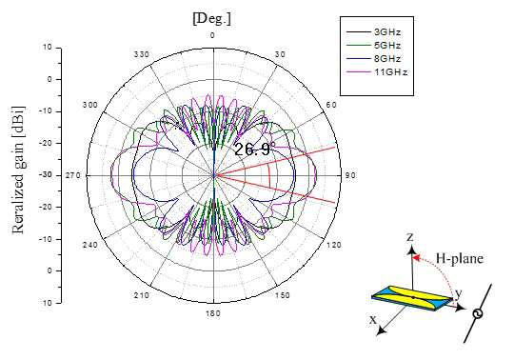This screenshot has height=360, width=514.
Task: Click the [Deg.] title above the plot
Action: [x=211, y=19]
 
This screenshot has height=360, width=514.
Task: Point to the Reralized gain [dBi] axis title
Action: [x=18, y=170]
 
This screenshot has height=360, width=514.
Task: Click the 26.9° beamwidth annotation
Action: [x=253, y=150]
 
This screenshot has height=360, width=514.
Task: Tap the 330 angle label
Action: [x=142, y=54]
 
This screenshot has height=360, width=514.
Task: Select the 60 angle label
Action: [x=331, y=105]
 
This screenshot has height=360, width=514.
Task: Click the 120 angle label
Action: [x=334, y=245]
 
